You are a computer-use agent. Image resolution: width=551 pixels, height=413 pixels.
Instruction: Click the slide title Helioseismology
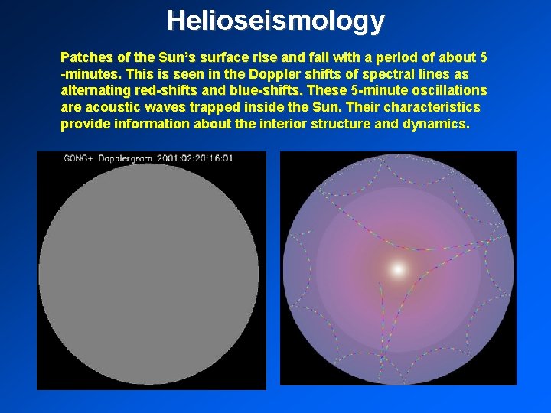pyautogui.click(x=275, y=20)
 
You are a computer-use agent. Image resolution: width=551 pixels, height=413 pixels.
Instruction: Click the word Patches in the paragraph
pyautogui.click(x=86, y=57)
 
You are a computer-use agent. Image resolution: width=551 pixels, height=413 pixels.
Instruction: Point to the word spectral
pyautogui.click(x=365, y=74)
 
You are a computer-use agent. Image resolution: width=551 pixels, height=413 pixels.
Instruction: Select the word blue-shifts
pyautogui.click(x=272, y=90)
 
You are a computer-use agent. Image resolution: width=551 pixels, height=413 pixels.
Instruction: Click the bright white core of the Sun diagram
pyautogui.click(x=398, y=268)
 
